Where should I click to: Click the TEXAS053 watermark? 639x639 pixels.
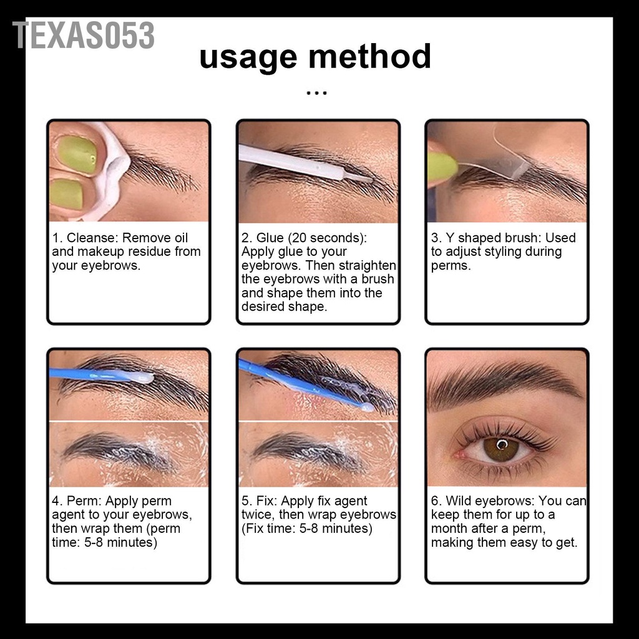tap(84, 35)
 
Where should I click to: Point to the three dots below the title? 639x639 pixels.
tap(317, 94)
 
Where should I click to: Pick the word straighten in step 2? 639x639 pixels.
tap(368, 265)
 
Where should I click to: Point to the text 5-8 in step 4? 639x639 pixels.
tap(103, 542)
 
